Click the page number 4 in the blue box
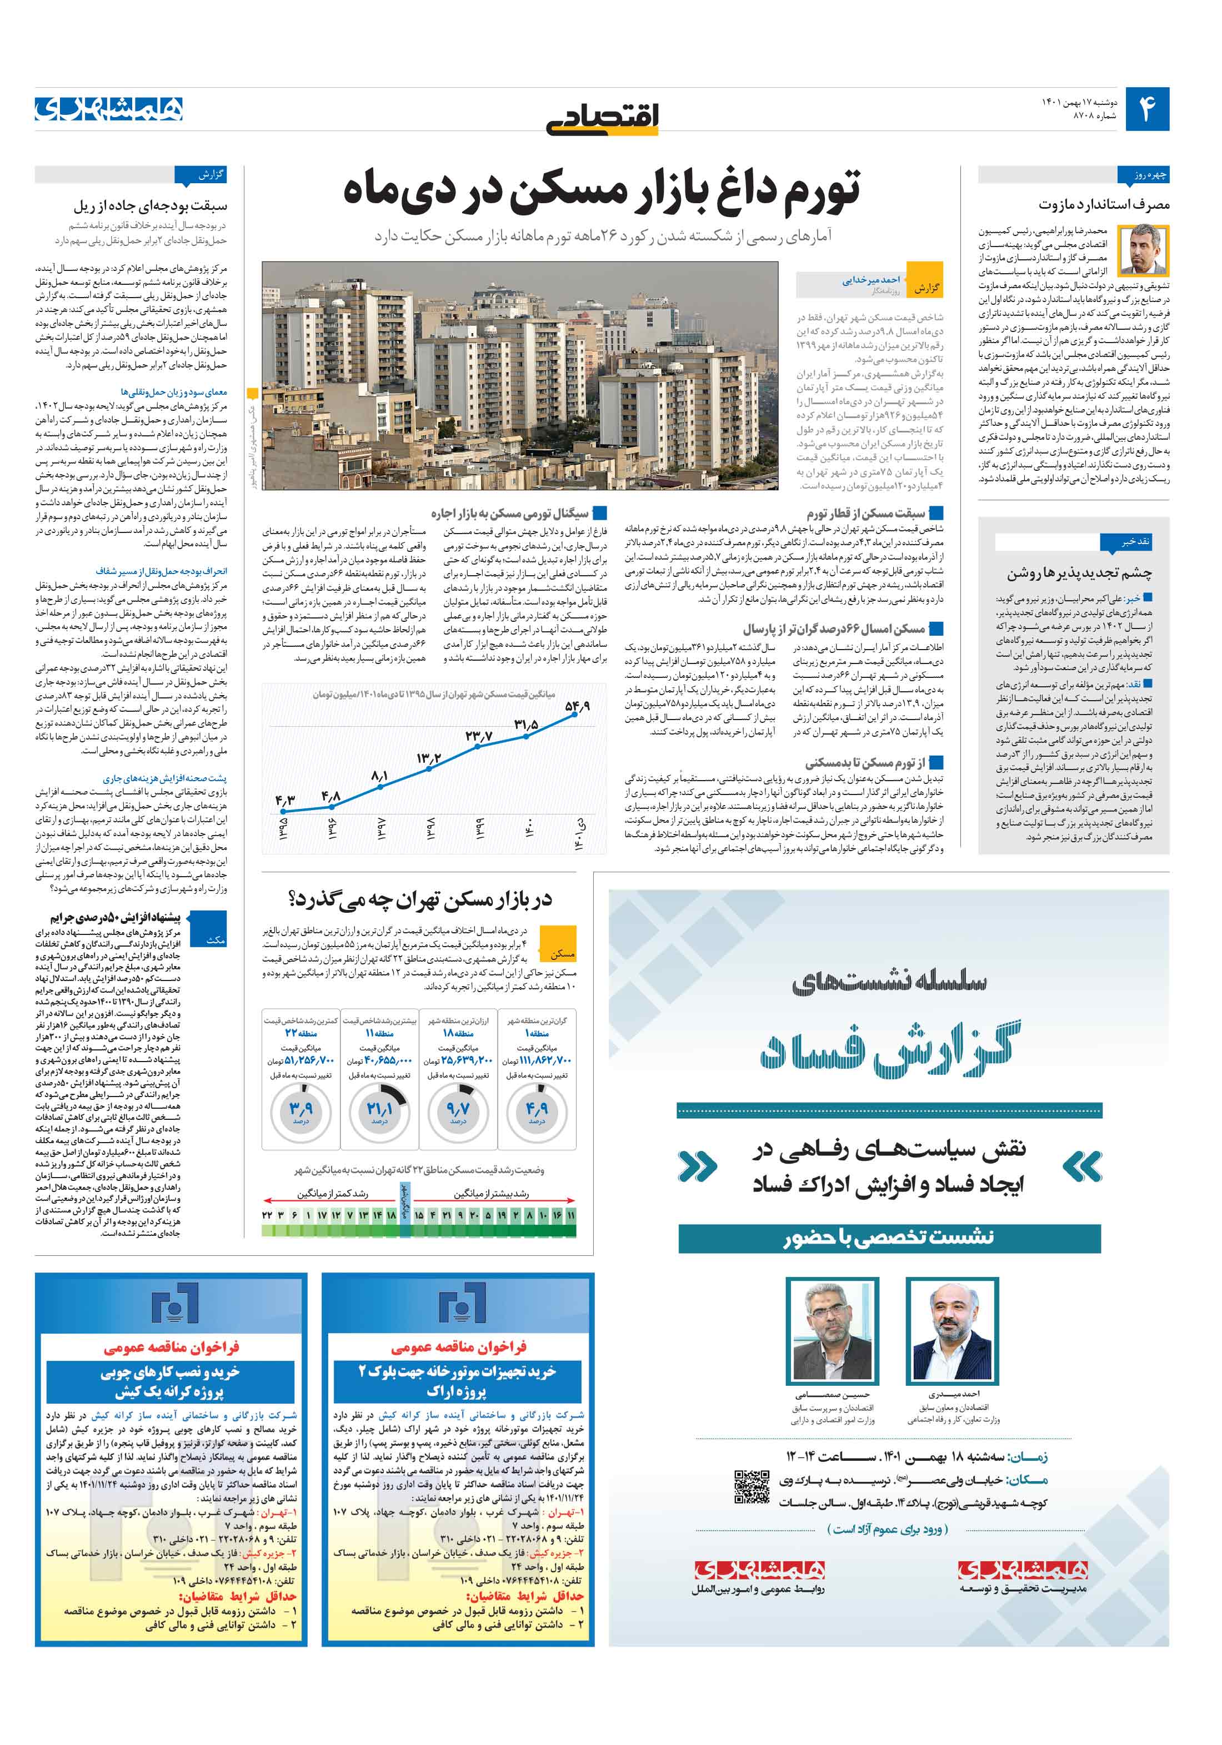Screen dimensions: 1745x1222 pos(1146,109)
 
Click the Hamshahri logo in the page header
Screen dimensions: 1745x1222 pos(109,109)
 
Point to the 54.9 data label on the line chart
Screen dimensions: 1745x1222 pos(577,706)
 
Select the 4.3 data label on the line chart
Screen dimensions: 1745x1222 pos(284,800)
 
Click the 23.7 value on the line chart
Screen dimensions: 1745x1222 pos(478,736)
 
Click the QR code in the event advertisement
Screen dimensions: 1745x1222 pos(752,1487)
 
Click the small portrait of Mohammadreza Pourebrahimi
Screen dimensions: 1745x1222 pos(1144,249)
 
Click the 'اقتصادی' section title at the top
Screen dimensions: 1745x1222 pos(602,118)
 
